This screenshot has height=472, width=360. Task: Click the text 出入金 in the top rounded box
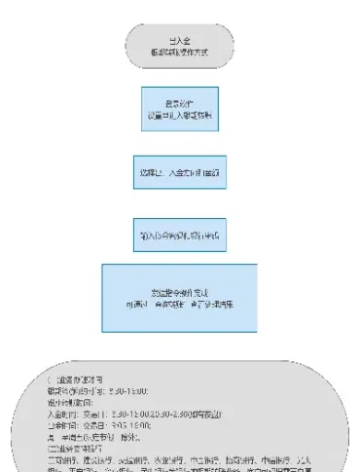pos(178,41)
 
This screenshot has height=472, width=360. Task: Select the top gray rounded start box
pos(179,46)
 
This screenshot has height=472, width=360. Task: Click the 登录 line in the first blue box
pos(179,103)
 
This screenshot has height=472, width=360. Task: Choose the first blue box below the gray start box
pos(179,109)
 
